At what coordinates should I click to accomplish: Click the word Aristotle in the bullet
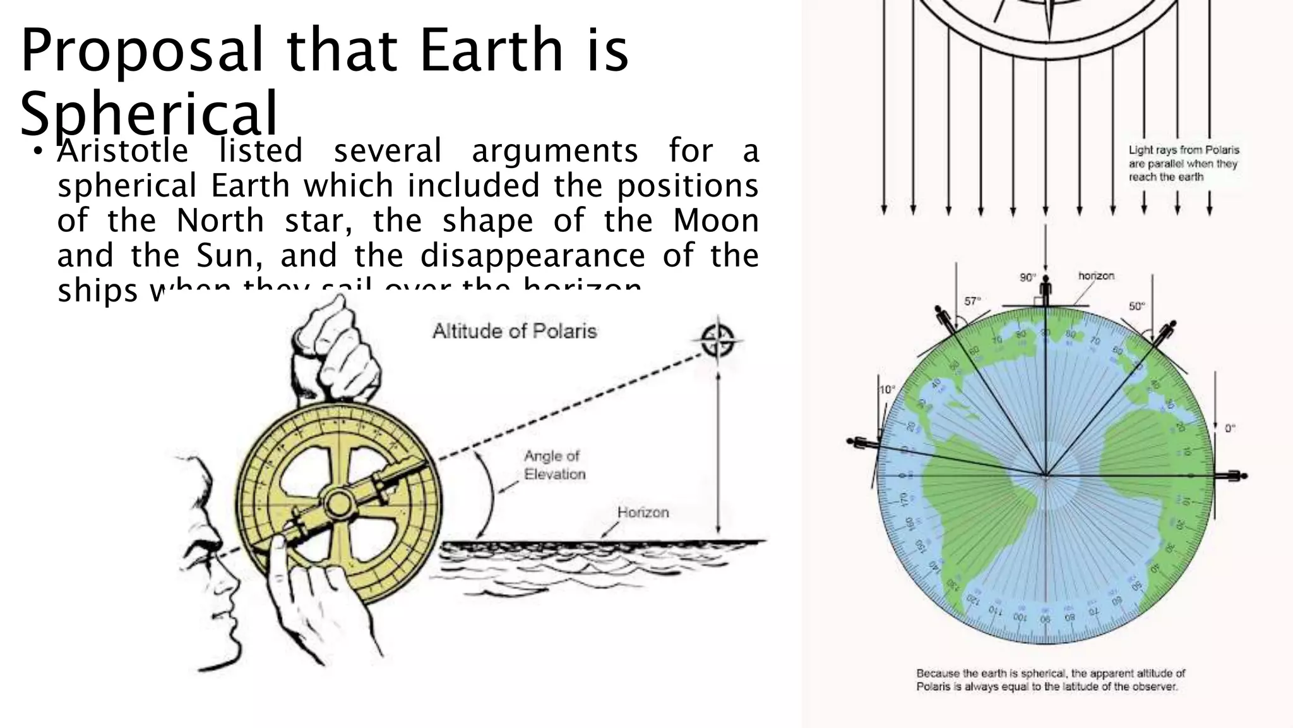click(122, 152)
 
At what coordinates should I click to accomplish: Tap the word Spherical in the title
click(149, 114)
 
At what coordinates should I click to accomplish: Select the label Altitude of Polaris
click(515, 331)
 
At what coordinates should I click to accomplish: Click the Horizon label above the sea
click(643, 513)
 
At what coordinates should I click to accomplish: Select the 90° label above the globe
click(1028, 277)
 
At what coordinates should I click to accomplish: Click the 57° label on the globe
click(972, 301)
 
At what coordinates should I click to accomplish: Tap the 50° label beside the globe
click(1136, 306)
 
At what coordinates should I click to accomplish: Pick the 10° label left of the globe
click(887, 390)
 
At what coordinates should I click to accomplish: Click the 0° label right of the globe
click(1230, 428)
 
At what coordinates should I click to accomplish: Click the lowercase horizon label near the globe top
click(1096, 276)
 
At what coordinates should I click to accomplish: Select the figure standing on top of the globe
click(1046, 291)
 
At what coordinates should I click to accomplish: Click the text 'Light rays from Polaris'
click(1184, 150)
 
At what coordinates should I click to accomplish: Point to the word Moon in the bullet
click(715, 221)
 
